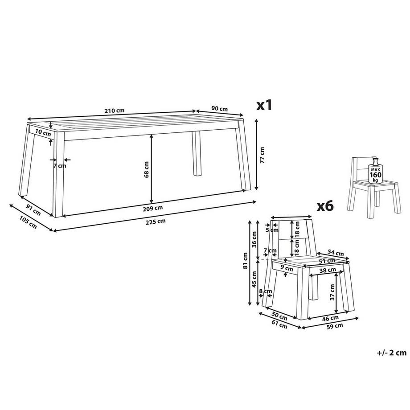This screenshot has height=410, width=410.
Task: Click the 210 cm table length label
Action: [114, 111]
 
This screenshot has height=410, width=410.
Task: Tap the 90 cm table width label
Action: [220, 109]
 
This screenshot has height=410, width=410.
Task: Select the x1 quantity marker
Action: [264, 105]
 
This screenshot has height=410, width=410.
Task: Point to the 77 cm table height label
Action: [262, 156]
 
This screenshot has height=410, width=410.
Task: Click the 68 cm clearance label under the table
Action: [147, 169]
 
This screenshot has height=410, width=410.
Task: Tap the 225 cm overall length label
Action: [156, 222]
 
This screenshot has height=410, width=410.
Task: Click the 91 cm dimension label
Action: [33, 210]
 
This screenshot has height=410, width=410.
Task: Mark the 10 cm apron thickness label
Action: [43, 133]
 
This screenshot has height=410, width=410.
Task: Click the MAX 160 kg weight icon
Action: [376, 171]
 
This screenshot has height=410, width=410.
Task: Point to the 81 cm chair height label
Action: [245, 260]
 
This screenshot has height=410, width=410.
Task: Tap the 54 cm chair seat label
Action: [336, 253]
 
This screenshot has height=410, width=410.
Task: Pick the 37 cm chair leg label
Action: [332, 292]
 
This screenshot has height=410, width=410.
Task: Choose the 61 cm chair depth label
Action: [279, 325]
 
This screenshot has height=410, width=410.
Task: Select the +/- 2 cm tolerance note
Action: [392, 353]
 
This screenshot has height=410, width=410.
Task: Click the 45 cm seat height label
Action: [254, 279]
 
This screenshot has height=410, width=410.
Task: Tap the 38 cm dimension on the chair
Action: [328, 270]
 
